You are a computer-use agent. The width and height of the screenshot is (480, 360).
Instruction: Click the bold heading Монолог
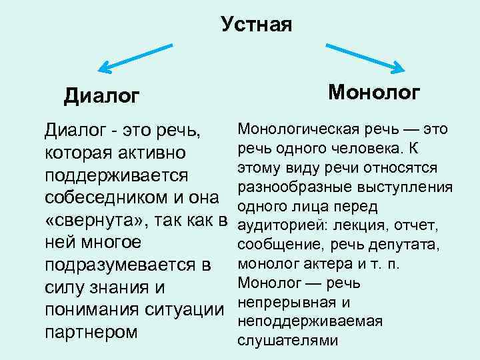pyautogui.click(x=375, y=91)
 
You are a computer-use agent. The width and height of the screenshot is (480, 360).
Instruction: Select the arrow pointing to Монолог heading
pyautogui.click(x=365, y=57)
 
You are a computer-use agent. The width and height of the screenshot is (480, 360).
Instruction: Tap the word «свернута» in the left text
pyautogui.click(x=89, y=221)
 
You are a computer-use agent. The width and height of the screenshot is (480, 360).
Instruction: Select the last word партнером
pyautogui.click(x=91, y=331)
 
